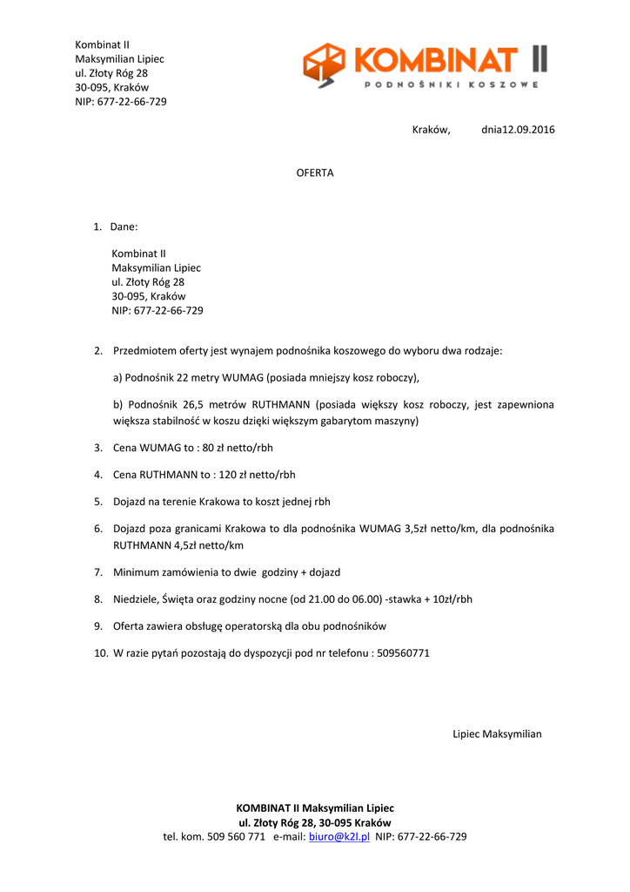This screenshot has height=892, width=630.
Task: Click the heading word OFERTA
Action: (x=315, y=173)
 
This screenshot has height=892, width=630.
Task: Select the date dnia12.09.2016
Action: (x=518, y=130)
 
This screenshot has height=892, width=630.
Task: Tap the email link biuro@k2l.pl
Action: (x=339, y=836)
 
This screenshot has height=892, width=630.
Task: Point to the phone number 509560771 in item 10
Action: (x=403, y=652)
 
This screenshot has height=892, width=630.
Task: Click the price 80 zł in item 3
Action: (x=215, y=448)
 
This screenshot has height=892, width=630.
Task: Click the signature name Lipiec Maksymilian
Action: (x=497, y=733)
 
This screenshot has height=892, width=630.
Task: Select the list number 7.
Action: (x=98, y=572)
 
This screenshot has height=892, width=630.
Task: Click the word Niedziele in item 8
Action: (x=137, y=599)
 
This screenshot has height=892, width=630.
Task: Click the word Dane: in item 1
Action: (x=124, y=226)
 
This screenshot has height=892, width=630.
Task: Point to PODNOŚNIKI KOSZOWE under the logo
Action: (x=451, y=84)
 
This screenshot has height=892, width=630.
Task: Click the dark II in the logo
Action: (x=539, y=59)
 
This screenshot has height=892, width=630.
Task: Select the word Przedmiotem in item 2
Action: (x=143, y=350)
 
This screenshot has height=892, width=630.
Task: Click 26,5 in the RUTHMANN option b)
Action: (x=193, y=404)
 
